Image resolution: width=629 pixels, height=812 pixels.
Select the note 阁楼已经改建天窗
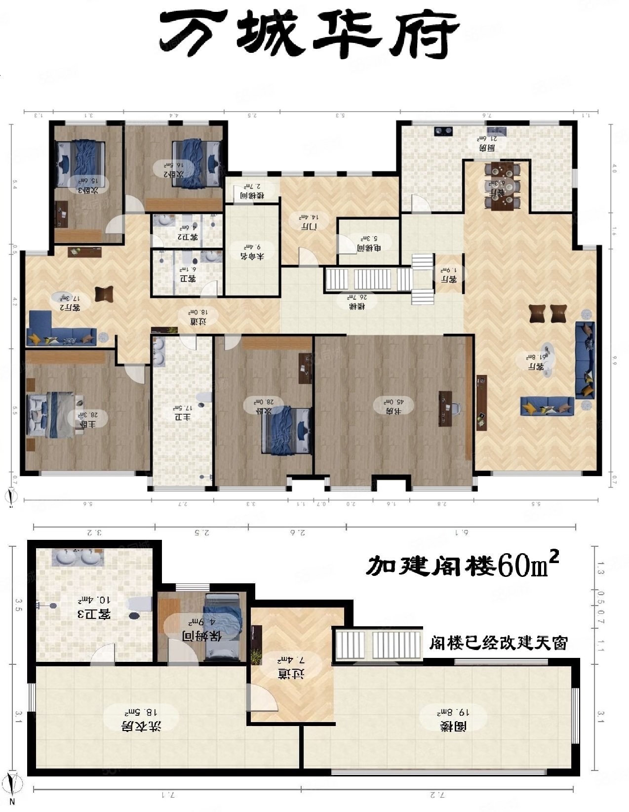click(498, 643)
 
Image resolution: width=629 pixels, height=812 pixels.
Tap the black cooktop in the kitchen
click(443, 131)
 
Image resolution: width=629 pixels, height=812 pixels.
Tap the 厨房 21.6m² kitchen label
click(487, 143)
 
